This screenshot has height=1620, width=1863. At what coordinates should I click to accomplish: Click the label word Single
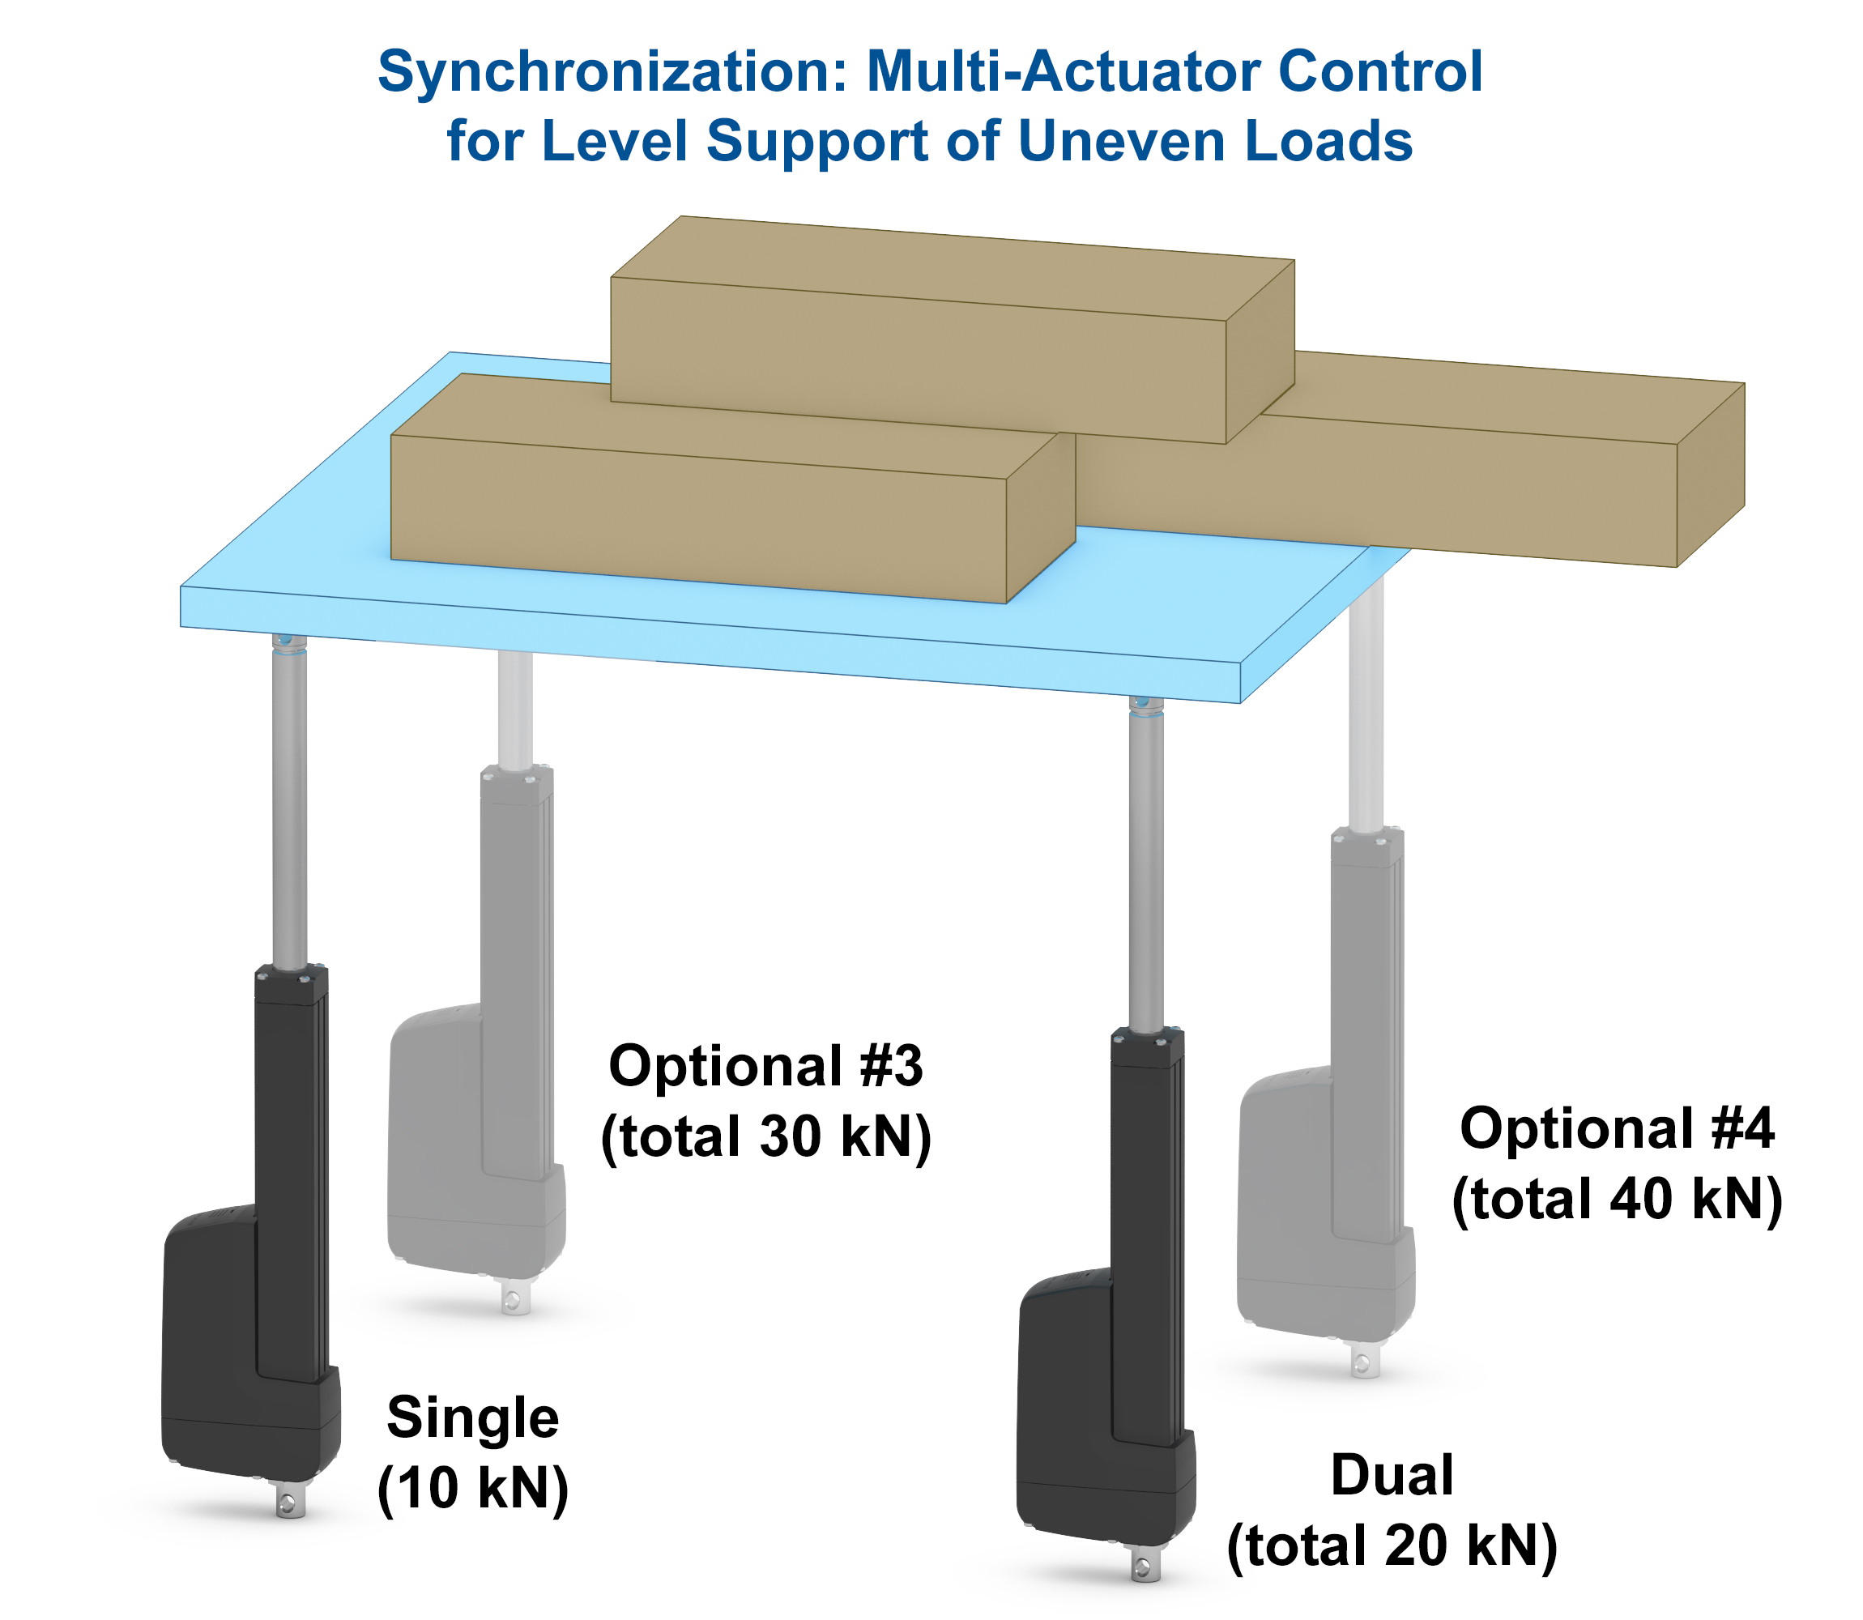[472, 1417]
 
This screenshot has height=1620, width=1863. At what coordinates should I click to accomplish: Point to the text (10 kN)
[472, 1489]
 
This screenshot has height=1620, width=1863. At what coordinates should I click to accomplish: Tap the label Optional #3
[765, 1066]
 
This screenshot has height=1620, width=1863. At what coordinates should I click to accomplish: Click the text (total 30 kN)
[765, 1136]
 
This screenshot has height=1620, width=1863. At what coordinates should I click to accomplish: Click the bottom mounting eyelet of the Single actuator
[289, 1503]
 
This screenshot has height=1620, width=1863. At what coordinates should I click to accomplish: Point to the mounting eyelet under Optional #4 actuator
[1364, 1362]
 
